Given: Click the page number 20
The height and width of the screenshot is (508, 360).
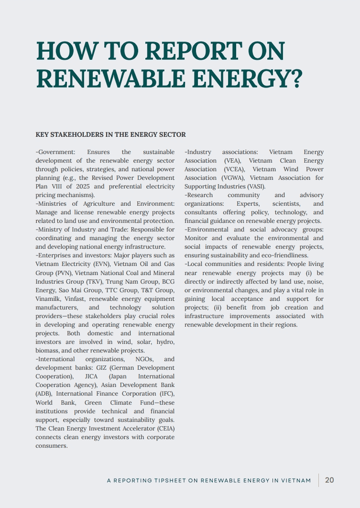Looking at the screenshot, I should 329,480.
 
